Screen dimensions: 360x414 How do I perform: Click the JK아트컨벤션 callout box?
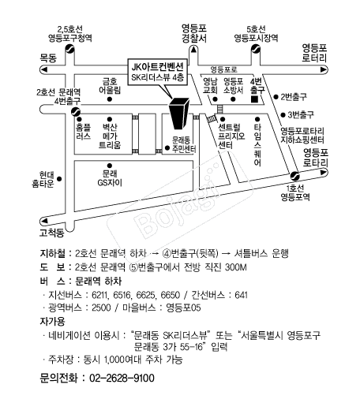[158, 72]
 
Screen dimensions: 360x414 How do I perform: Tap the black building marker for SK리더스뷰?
[179, 114]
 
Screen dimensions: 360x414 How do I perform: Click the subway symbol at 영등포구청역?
[69, 49]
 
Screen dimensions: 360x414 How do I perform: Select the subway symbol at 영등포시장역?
[256, 49]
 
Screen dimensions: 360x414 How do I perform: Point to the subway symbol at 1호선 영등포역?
[294, 176]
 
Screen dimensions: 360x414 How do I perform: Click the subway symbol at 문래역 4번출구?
[76, 112]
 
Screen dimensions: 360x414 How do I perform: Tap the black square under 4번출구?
[254, 99]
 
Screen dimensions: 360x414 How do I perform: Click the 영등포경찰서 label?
[194, 34]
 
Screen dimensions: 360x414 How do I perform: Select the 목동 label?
[48, 58]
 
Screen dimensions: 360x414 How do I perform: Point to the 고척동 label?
[52, 233]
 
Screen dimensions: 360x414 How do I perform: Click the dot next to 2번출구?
[276, 97]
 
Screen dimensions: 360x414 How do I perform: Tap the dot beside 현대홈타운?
[59, 179]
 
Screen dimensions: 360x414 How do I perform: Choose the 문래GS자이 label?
[110, 178]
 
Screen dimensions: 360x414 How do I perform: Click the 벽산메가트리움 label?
[110, 136]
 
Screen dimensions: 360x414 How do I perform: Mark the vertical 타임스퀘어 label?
[257, 144]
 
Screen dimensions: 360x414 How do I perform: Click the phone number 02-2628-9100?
[122, 378]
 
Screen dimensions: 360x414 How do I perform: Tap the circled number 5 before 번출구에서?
[133, 267]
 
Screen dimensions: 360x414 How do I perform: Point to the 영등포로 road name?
[224, 69]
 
